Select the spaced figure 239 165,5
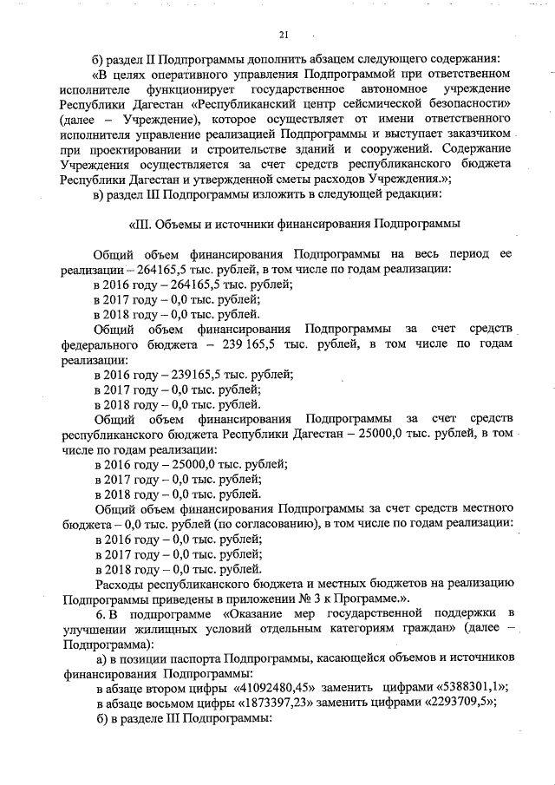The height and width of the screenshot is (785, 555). [260, 343]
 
